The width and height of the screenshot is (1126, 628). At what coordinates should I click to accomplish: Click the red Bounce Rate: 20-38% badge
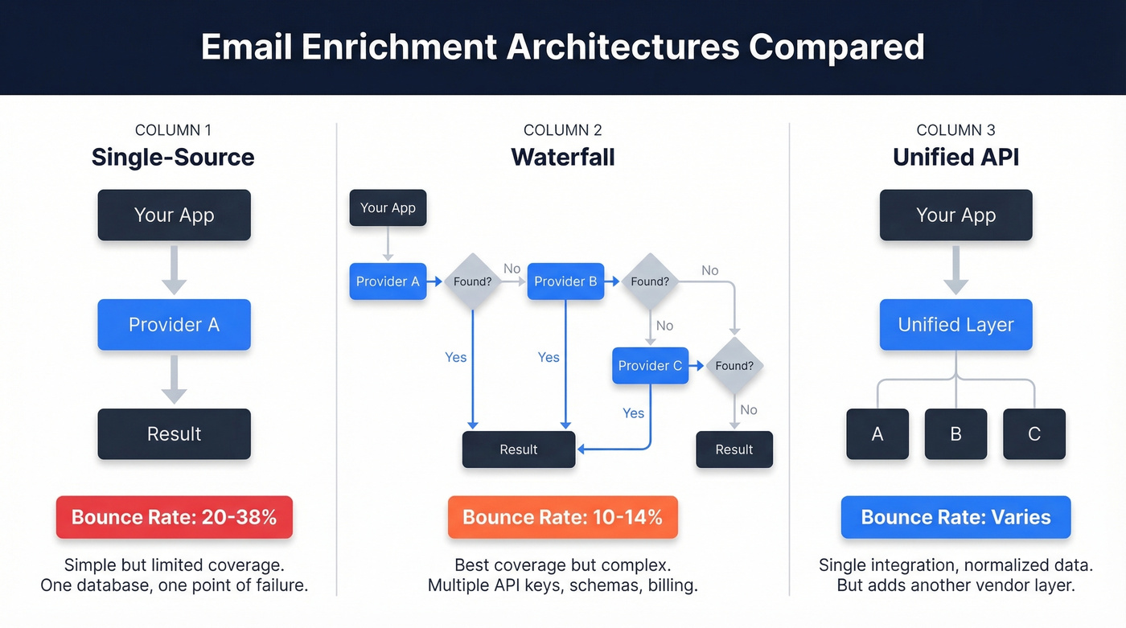(x=174, y=517)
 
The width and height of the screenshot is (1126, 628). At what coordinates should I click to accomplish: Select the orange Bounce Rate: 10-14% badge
(x=562, y=517)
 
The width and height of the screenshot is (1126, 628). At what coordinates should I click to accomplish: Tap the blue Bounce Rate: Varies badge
(x=955, y=517)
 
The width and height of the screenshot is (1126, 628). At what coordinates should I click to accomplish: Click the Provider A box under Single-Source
(x=174, y=325)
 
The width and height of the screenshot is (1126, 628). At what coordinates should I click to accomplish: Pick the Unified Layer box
(x=955, y=325)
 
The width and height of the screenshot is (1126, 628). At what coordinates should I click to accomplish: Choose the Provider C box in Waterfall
(x=650, y=366)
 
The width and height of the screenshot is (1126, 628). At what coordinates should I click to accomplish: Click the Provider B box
(x=565, y=281)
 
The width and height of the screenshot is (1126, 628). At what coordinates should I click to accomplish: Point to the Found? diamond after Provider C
(x=734, y=366)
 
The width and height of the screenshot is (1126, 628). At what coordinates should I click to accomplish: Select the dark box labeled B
(x=955, y=434)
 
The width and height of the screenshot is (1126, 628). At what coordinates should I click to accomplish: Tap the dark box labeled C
(x=1034, y=434)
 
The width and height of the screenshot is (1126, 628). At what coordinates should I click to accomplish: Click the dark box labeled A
(x=877, y=434)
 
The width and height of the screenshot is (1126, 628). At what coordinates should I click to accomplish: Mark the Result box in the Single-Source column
(x=174, y=434)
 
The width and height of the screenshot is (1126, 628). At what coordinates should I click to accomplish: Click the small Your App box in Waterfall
(x=388, y=208)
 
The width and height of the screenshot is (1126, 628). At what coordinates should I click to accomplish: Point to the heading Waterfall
(x=562, y=157)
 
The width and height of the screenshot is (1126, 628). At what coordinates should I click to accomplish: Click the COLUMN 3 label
(x=955, y=130)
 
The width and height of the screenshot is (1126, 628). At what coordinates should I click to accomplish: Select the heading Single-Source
(x=173, y=157)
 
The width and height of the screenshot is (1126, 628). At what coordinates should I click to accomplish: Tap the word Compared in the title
(x=836, y=47)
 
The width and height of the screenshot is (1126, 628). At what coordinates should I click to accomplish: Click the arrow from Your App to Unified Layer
(x=955, y=271)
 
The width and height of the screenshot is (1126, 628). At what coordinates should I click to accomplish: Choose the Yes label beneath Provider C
(x=633, y=413)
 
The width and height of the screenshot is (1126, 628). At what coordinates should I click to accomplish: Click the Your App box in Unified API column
(x=955, y=215)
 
